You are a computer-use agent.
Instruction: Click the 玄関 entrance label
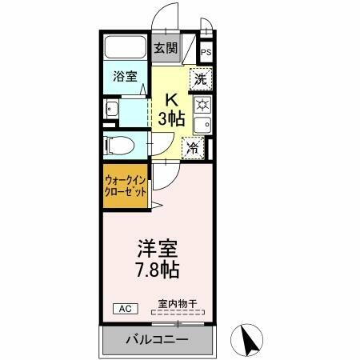point(166,48)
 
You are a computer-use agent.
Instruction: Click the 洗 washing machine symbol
point(200,80)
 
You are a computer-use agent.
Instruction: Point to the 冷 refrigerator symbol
point(193,147)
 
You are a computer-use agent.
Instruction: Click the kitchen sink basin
point(204,125)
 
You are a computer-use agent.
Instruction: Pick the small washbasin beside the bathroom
point(112,110)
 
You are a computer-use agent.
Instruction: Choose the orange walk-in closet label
point(126,187)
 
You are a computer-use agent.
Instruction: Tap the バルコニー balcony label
point(157,340)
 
